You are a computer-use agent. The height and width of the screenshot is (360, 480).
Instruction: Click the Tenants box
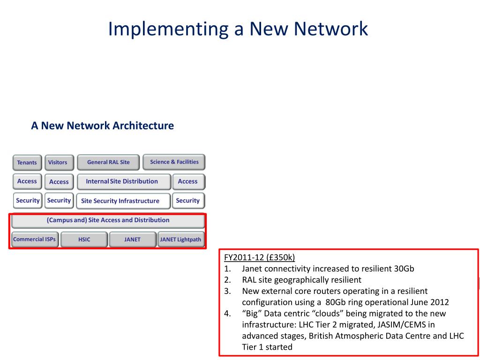click(x=27, y=163)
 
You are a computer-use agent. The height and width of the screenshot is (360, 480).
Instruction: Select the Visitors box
click(x=58, y=163)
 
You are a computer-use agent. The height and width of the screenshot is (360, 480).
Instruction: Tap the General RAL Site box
click(x=108, y=162)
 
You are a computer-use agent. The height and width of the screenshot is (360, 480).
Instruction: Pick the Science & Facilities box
click(x=174, y=162)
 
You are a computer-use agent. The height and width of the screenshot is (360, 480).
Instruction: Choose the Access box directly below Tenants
click(x=27, y=181)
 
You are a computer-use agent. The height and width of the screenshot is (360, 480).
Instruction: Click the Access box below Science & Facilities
click(x=188, y=181)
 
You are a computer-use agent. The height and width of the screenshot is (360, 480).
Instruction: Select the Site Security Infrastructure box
click(x=120, y=201)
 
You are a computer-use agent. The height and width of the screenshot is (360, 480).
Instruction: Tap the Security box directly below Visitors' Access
click(x=59, y=201)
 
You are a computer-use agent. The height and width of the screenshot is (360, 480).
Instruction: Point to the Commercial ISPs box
click(x=34, y=239)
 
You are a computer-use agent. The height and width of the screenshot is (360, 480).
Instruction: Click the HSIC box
click(x=84, y=240)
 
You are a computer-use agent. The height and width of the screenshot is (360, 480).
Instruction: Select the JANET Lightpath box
click(x=180, y=240)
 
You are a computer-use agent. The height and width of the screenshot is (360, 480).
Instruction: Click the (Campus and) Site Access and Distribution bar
click(x=108, y=220)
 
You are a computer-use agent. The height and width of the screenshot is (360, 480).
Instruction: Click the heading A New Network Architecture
click(x=102, y=126)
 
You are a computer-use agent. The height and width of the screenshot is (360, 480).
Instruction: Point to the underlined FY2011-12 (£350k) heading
click(x=259, y=257)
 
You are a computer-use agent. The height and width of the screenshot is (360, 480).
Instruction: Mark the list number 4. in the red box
click(x=227, y=314)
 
